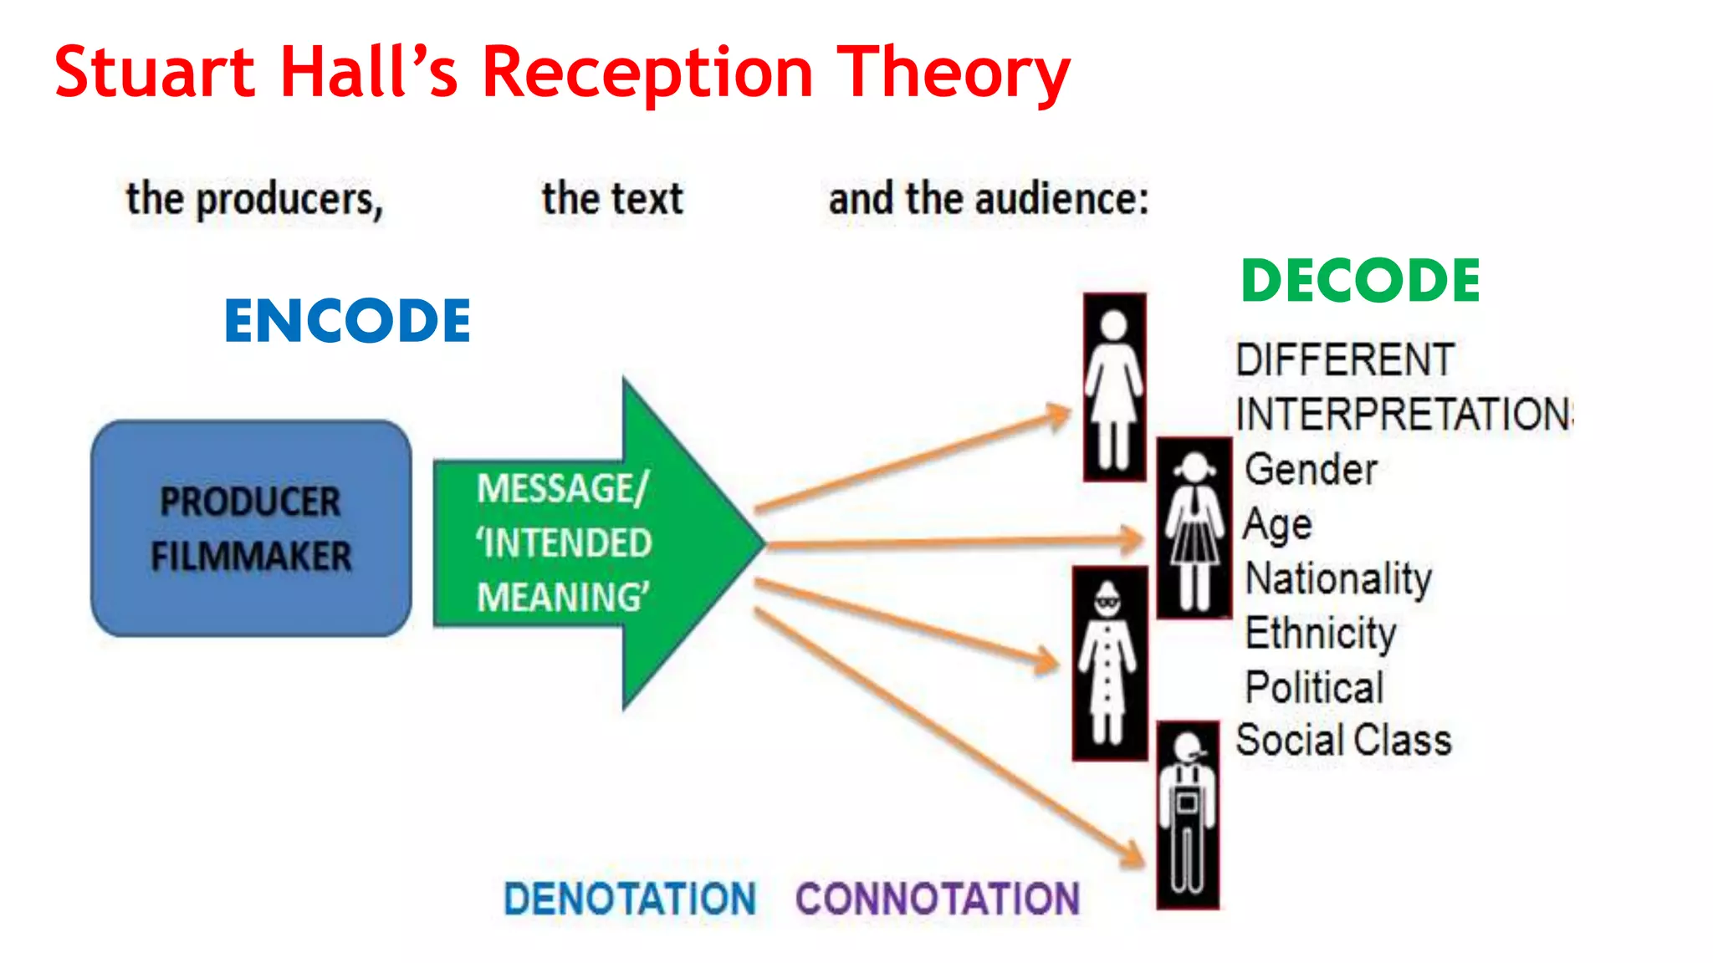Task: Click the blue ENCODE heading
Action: (347, 321)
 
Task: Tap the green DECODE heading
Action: (1361, 281)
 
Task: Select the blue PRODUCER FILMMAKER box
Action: (251, 528)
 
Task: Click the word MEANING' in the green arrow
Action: (563, 598)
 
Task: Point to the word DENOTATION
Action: (630, 899)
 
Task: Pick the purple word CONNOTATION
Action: (938, 899)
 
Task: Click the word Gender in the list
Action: (1311, 469)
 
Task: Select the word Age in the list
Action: (1277, 525)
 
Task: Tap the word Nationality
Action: (1338, 578)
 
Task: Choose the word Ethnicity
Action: (1321, 633)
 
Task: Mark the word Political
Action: (1314, 687)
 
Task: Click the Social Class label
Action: (1343, 741)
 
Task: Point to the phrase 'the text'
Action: (612, 199)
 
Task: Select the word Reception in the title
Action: (647, 73)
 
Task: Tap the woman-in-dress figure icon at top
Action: (1114, 387)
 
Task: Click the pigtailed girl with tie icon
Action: (1194, 528)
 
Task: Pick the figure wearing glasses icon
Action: (1109, 663)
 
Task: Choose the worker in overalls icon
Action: (1188, 815)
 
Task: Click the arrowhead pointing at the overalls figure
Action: (1133, 855)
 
